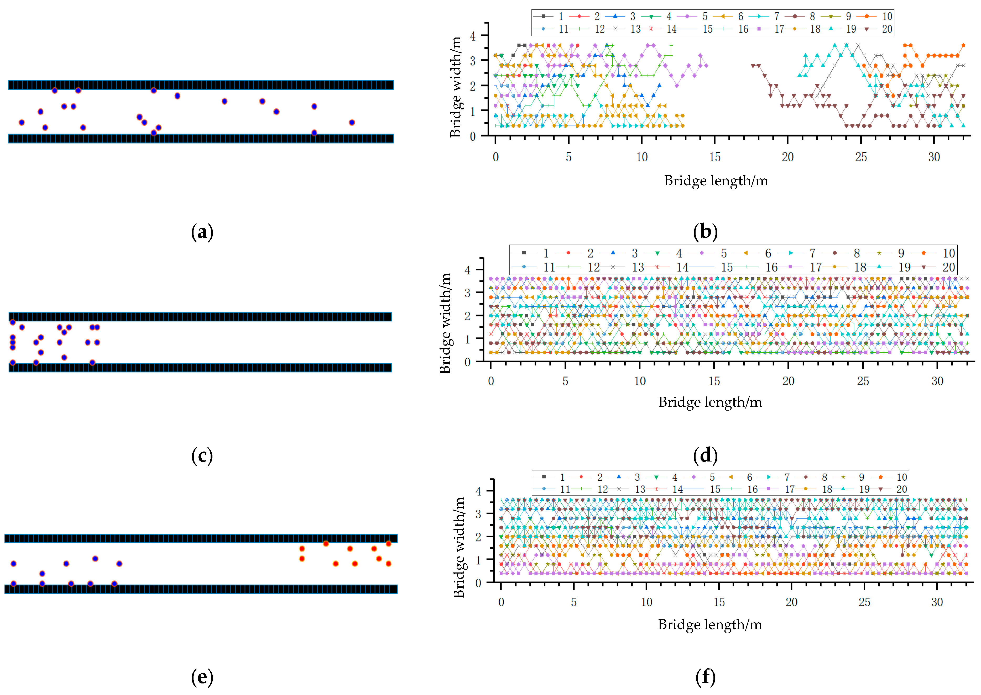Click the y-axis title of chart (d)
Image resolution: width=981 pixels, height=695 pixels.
coord(445,323)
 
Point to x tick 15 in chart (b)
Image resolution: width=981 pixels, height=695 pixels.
coord(715,157)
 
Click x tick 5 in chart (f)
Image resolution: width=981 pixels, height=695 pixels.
coord(573,602)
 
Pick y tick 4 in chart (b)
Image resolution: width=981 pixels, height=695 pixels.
coord(472,36)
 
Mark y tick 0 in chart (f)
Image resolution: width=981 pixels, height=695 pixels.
coord(478,583)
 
